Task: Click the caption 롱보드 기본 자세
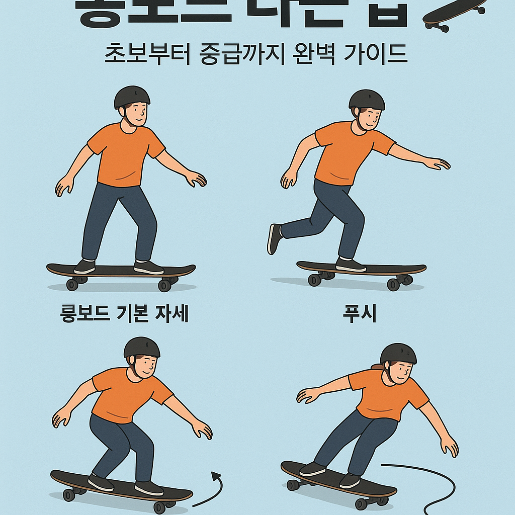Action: (x=124, y=314)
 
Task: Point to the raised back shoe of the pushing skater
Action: (x=275, y=239)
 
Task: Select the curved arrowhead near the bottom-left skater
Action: (x=217, y=475)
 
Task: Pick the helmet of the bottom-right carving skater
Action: (x=398, y=353)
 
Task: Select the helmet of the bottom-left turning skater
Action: (x=142, y=347)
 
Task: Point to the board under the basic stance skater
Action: (x=121, y=271)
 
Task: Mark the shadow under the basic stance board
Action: (x=121, y=288)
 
